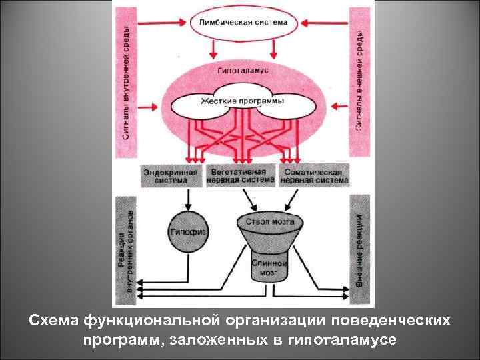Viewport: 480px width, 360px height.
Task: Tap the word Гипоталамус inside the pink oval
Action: click(x=242, y=69)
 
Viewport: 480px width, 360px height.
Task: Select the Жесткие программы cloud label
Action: click(x=241, y=101)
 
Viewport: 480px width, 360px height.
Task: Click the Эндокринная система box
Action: click(x=171, y=175)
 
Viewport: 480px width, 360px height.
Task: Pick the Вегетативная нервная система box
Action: click(x=239, y=175)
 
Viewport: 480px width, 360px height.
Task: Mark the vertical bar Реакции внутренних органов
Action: click(x=126, y=250)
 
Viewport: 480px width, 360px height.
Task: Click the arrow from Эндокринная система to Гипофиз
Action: click(x=189, y=197)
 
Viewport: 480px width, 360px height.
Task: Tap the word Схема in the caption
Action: click(x=54, y=321)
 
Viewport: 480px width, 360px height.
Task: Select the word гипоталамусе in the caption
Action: click(x=341, y=340)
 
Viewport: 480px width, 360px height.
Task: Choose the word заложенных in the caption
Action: click(x=217, y=340)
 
